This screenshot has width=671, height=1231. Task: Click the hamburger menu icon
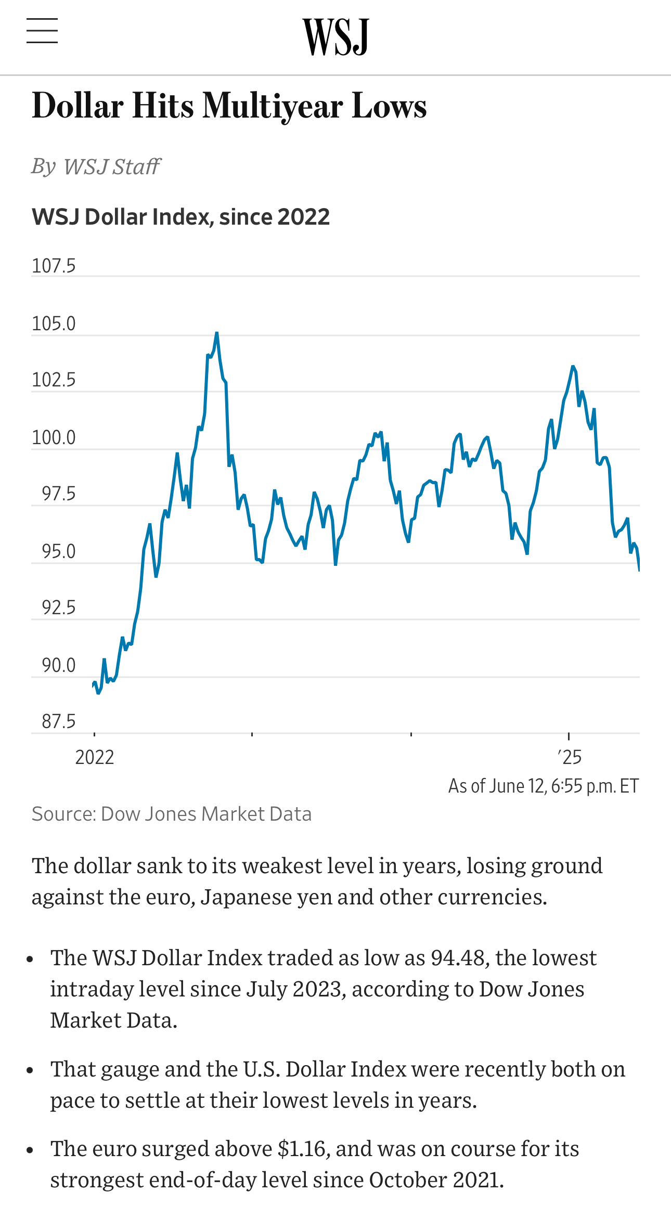click(42, 31)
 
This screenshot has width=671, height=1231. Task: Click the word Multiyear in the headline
click(273, 107)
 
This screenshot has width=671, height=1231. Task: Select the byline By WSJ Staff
click(96, 166)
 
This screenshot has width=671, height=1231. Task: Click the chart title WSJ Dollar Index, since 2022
click(180, 217)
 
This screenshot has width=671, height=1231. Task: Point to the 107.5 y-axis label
click(54, 266)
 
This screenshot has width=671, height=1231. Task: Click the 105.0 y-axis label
click(54, 323)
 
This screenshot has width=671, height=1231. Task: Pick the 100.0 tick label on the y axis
click(54, 437)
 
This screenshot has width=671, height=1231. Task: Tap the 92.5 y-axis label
click(58, 607)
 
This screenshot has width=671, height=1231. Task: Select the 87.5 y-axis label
click(58, 721)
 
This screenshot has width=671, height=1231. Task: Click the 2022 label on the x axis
click(95, 757)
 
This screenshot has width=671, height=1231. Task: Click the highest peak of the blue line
click(217, 333)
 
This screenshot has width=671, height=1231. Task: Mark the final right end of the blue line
click(639, 570)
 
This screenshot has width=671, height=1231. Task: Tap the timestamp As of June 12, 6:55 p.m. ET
click(544, 786)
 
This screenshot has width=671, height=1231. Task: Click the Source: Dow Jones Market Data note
click(172, 814)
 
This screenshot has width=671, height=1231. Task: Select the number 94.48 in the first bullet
click(458, 958)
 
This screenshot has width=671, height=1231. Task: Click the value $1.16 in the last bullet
click(302, 1149)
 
